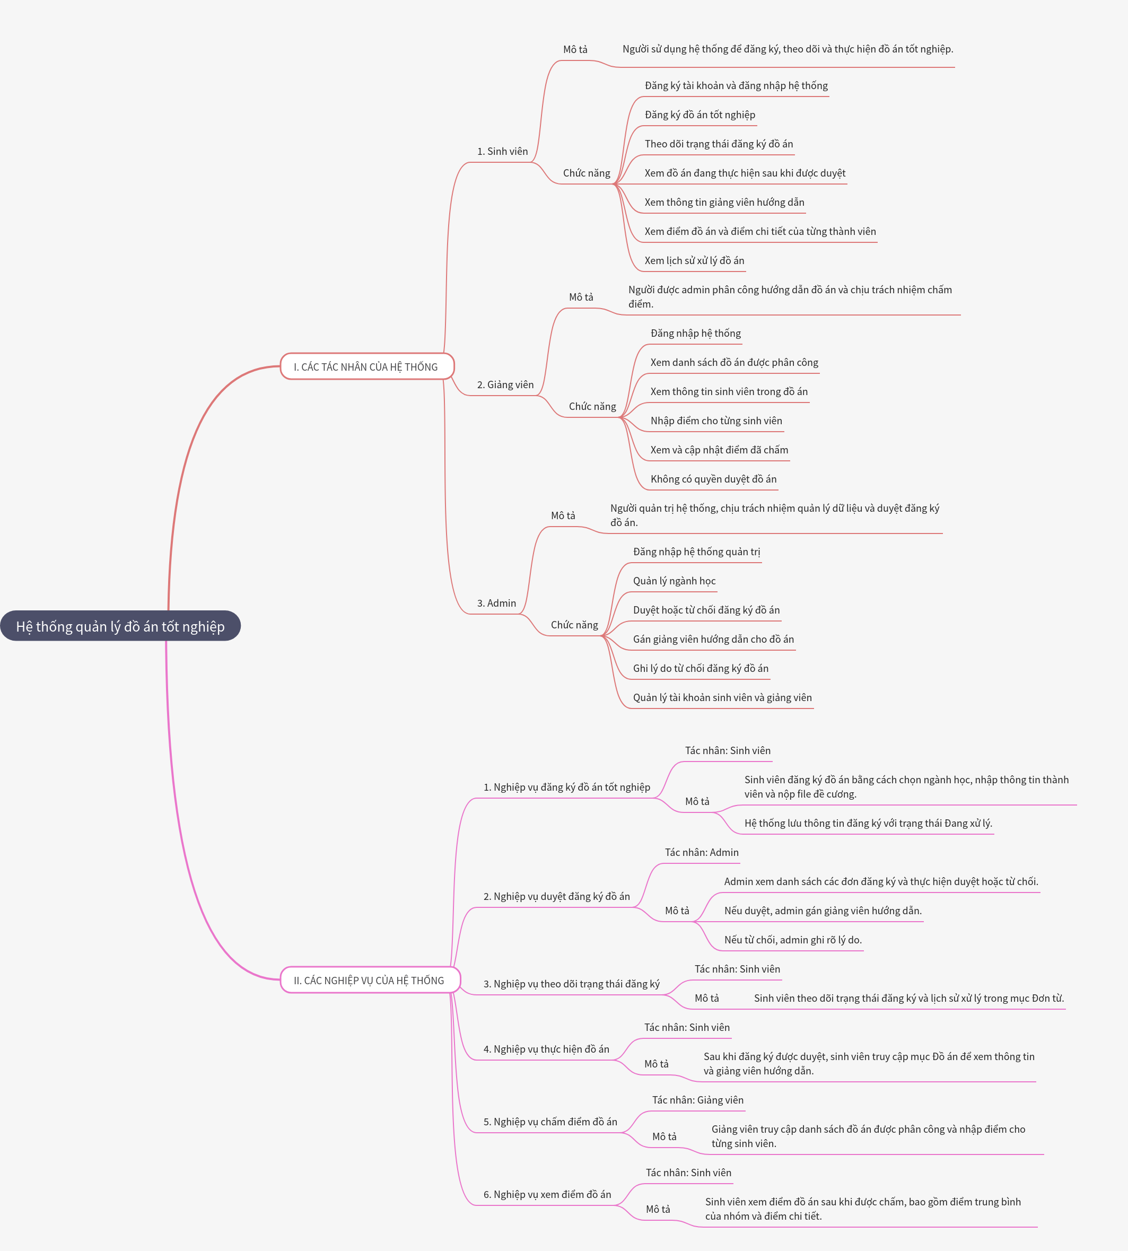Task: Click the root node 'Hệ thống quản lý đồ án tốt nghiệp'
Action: click(120, 626)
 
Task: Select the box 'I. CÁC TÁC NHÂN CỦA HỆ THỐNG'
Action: click(366, 366)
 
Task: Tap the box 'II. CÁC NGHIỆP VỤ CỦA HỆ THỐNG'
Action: click(370, 979)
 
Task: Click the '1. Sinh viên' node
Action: click(502, 151)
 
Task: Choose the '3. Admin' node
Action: click(496, 603)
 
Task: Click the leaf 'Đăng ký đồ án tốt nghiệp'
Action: click(699, 115)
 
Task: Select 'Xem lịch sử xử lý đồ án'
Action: click(694, 260)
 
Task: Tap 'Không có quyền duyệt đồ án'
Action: click(713, 479)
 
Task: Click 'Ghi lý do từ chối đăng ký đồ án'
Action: click(701, 668)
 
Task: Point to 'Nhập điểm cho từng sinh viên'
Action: click(716, 421)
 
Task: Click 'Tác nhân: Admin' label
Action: click(701, 852)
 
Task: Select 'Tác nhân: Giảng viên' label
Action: click(697, 1100)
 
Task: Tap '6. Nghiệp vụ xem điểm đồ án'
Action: click(547, 1194)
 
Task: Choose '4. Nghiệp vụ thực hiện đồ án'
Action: click(546, 1048)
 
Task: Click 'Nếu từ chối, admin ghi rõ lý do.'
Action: click(793, 939)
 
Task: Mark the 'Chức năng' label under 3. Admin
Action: click(574, 625)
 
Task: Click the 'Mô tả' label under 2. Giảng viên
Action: click(581, 297)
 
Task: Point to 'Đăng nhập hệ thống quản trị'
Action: click(696, 552)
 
